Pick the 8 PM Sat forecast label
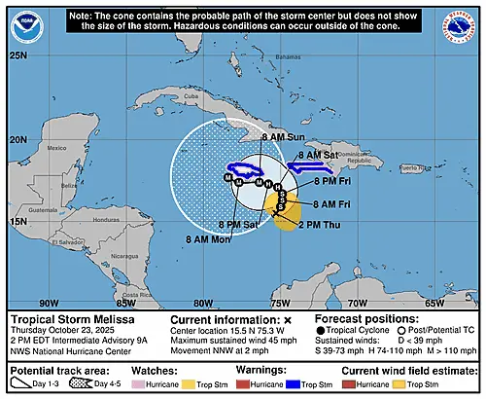pos(237,225)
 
